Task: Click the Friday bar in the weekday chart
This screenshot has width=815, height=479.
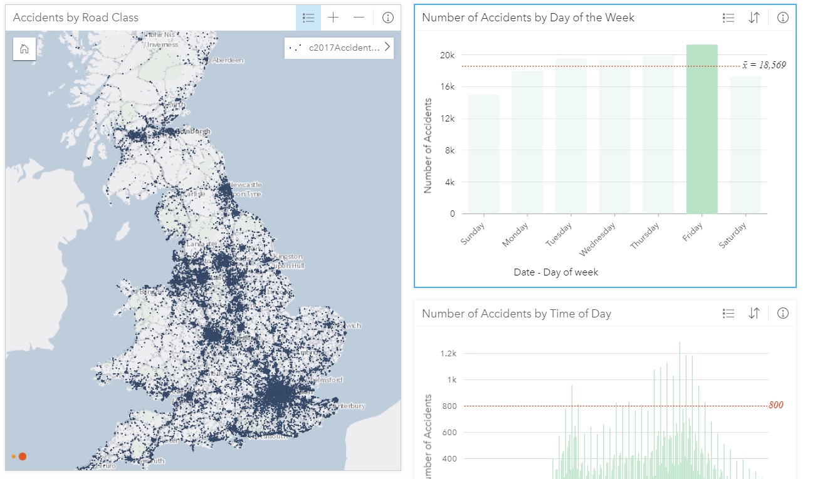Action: [702, 129]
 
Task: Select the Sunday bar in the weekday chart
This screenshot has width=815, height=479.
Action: [483, 154]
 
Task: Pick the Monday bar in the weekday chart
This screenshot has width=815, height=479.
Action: [527, 142]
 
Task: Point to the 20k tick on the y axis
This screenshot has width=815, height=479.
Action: [447, 55]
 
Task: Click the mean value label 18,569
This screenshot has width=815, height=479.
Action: [764, 65]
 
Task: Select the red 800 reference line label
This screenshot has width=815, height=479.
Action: [776, 405]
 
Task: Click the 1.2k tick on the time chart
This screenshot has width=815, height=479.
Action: [448, 353]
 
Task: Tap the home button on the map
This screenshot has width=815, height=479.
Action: [24, 49]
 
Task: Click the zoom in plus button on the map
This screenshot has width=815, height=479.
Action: [333, 18]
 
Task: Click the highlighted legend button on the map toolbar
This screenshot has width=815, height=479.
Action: [308, 18]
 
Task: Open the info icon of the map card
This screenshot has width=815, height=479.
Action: [387, 18]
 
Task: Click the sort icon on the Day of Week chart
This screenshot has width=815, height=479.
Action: [754, 18]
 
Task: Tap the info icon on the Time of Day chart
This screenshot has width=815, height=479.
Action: [782, 313]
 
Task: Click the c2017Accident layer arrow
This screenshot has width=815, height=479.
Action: [387, 47]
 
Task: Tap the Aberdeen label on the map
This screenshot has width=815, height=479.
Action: [228, 60]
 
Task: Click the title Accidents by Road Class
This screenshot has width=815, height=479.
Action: [76, 18]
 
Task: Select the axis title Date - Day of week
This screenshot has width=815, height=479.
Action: [555, 272]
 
